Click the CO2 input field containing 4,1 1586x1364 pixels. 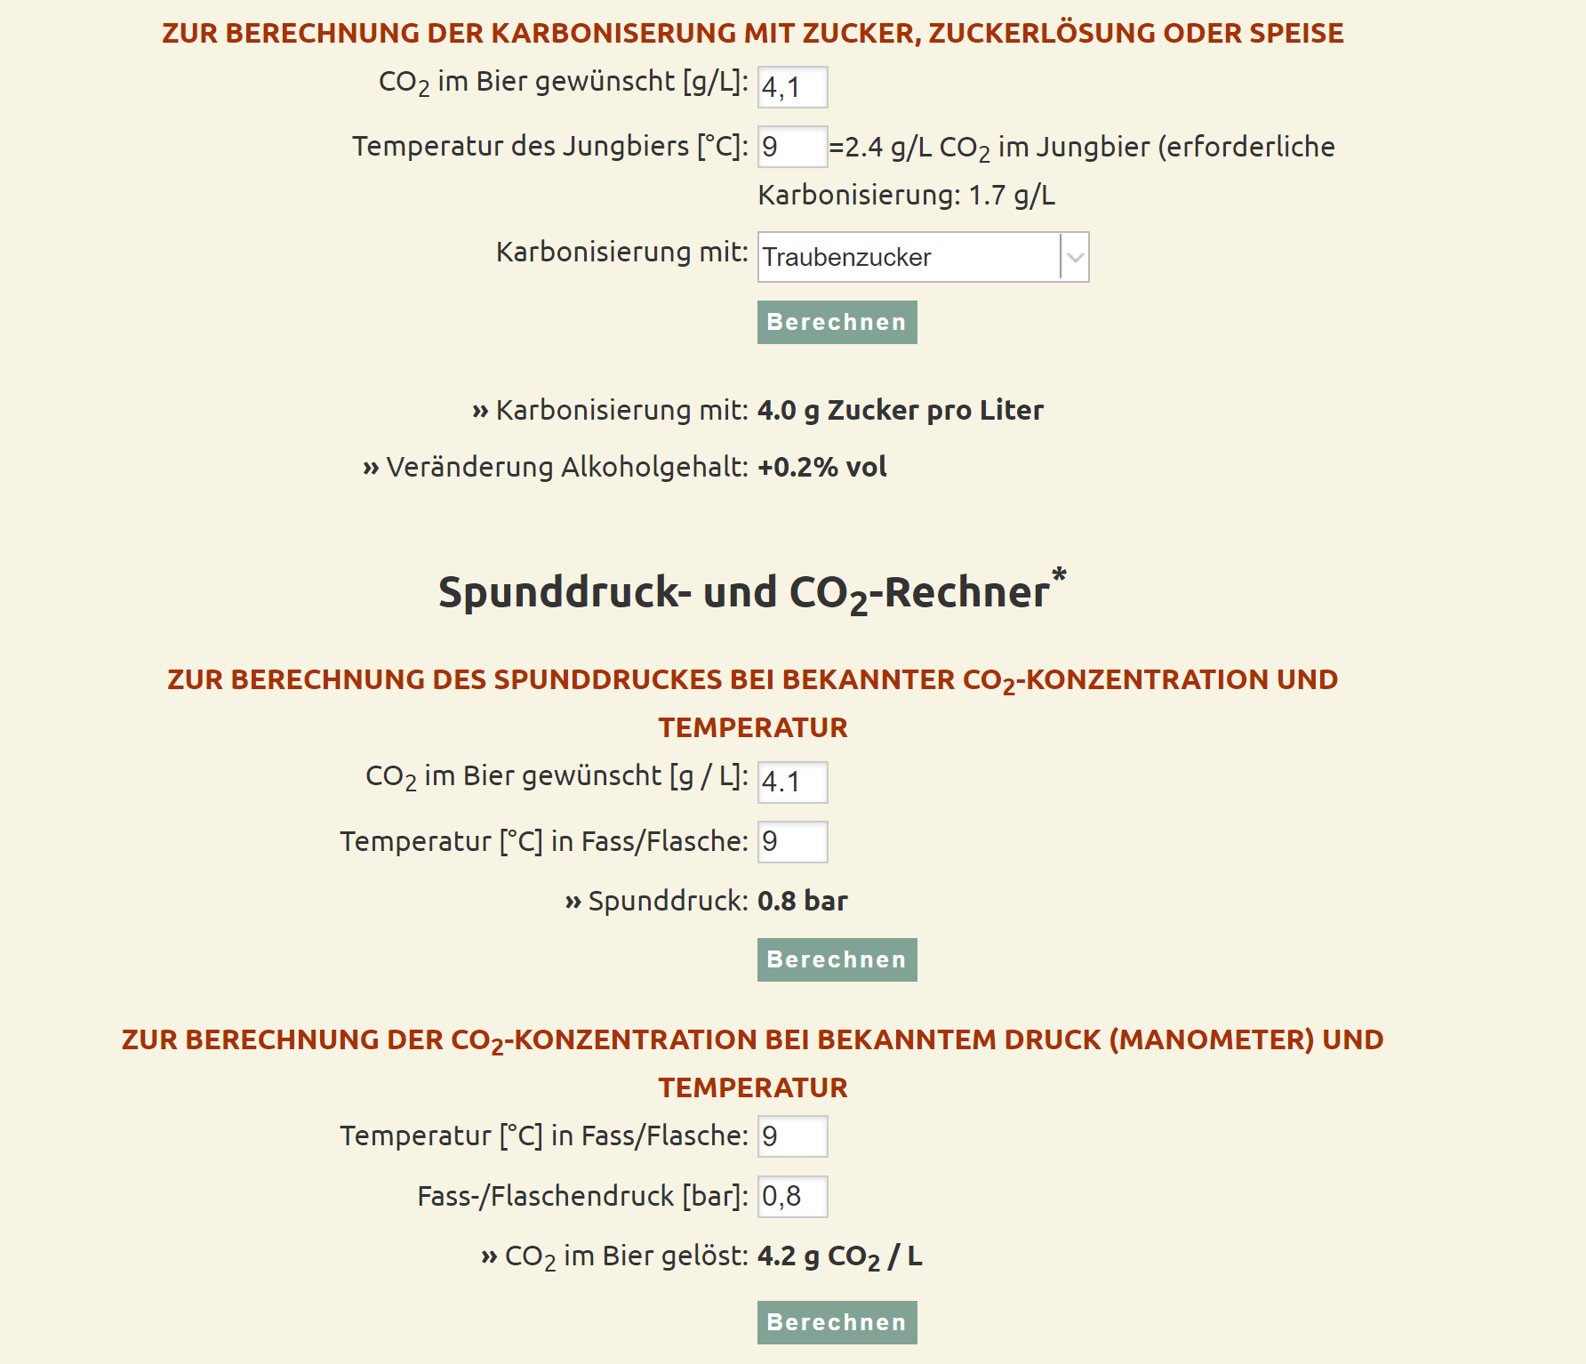(x=792, y=87)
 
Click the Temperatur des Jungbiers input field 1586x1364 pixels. (x=792, y=147)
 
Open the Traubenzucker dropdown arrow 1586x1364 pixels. (x=1075, y=258)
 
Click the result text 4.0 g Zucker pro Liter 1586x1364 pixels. (x=900, y=411)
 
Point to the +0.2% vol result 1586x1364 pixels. (x=821, y=468)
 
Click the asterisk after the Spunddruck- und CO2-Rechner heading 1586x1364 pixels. (x=1059, y=575)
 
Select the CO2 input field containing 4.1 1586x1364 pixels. (x=792, y=782)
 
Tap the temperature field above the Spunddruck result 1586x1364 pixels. (x=792, y=842)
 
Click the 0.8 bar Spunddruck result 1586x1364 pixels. (x=802, y=902)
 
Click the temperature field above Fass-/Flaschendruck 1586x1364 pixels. (x=792, y=1136)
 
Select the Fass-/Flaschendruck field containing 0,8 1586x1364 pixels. (x=792, y=1197)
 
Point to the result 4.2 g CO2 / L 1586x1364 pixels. (x=839, y=1256)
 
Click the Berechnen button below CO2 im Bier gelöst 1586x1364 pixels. (x=837, y=1322)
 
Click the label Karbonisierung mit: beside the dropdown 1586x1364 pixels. (x=621, y=253)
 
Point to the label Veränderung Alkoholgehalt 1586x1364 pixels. (x=566, y=468)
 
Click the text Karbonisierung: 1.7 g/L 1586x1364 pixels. (x=906, y=196)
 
